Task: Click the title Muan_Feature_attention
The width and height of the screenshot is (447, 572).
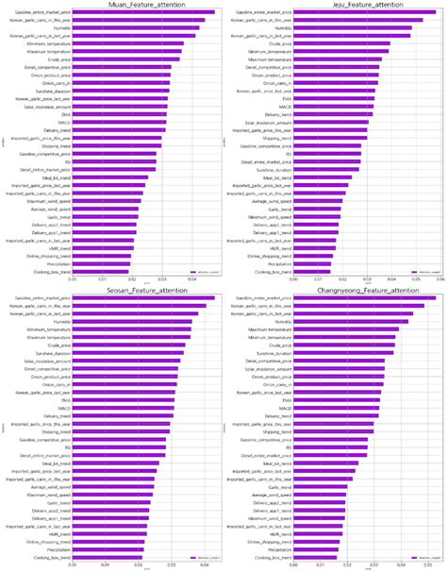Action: [143, 6]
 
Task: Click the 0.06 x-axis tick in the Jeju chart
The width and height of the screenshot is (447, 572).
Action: [440, 279]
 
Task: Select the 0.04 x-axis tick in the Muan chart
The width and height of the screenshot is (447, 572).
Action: [191, 279]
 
